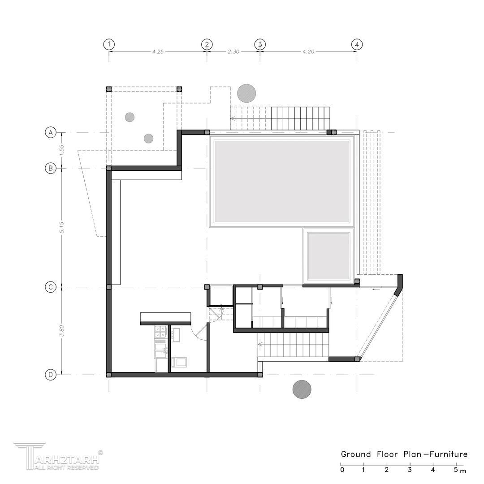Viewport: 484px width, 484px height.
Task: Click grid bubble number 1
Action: click(108, 44)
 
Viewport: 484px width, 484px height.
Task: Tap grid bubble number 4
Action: click(357, 44)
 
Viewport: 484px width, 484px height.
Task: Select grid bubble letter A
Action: click(51, 132)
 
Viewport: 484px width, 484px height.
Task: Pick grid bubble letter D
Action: click(51, 375)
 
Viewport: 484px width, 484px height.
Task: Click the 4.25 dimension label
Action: click(158, 52)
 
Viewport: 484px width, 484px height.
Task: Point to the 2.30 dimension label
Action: click(233, 52)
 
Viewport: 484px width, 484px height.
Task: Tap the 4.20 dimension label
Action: click(308, 52)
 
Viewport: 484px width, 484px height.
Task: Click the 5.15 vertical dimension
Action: click(61, 228)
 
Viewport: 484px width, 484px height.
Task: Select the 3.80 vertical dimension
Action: click(61, 331)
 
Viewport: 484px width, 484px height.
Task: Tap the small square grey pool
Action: click(328, 256)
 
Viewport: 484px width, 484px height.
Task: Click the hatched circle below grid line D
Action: click(302, 389)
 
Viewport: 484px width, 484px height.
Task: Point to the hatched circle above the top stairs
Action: click(246, 93)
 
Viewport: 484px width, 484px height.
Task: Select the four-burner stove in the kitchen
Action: click(160, 332)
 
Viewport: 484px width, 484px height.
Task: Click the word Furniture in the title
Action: click(449, 454)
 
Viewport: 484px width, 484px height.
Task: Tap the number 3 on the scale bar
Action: click(410, 470)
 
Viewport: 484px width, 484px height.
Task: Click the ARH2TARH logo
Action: click(58, 457)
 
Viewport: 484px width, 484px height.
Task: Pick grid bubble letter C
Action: click(51, 287)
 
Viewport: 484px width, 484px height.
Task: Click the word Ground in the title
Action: click(356, 454)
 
